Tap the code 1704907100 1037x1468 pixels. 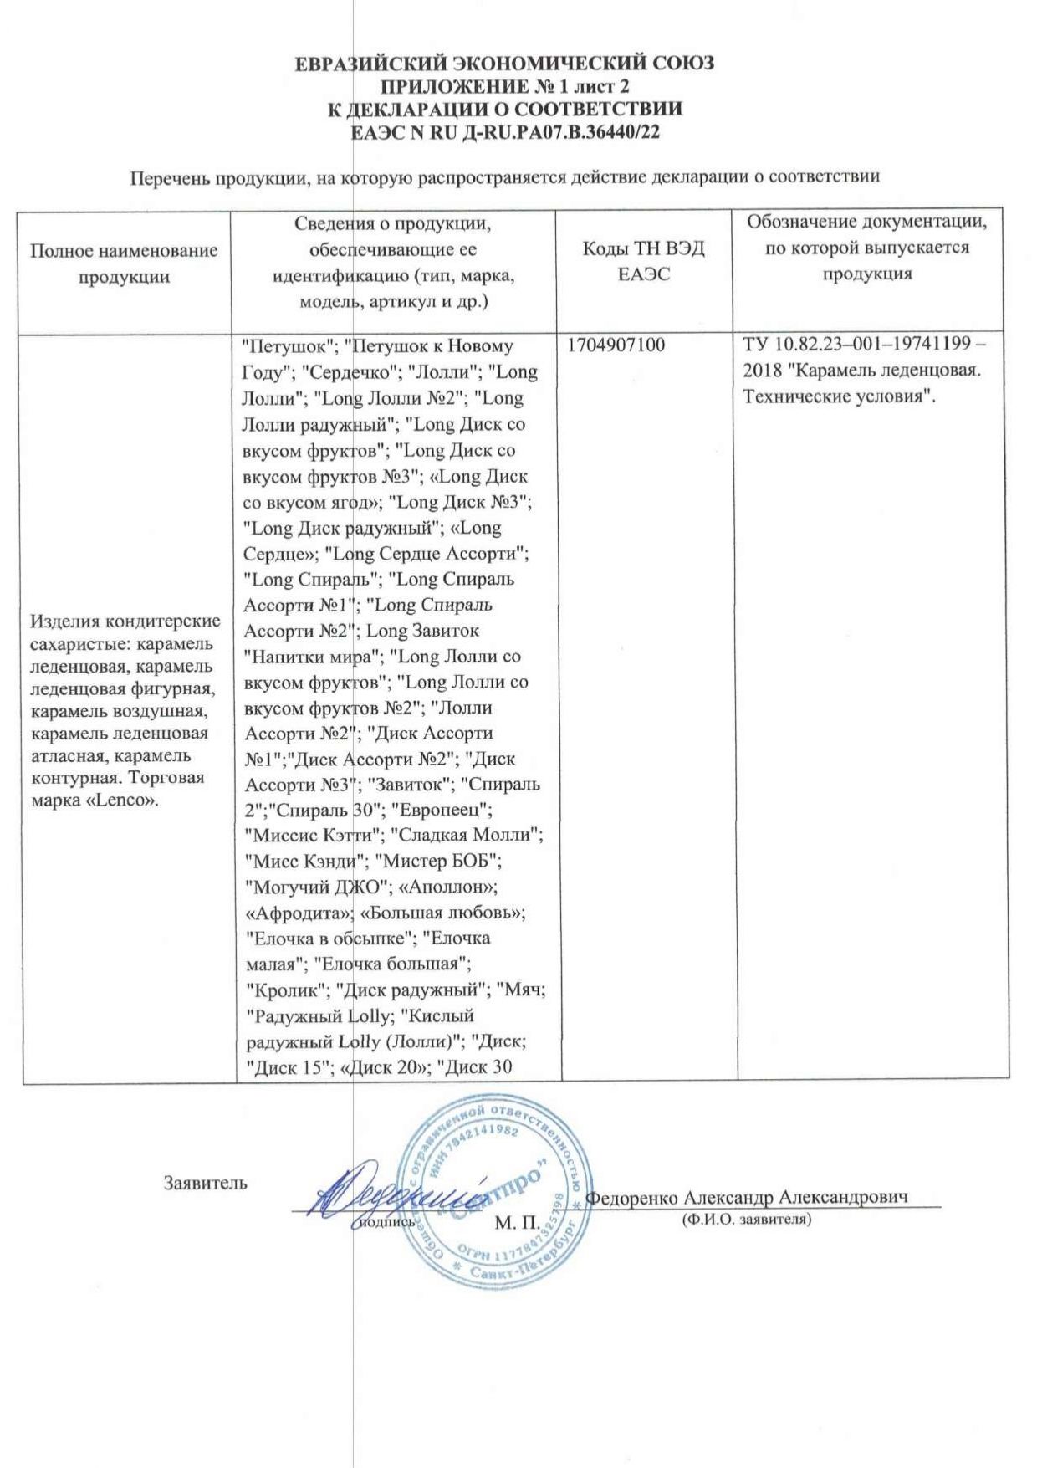point(616,345)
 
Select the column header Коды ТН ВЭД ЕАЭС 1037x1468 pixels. point(643,262)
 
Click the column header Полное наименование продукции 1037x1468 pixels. point(124,263)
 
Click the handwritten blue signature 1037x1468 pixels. point(393,1193)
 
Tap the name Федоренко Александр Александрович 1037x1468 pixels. point(747,1196)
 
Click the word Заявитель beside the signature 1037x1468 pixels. point(205,1183)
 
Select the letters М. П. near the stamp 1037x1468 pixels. point(517,1223)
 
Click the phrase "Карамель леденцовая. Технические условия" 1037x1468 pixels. point(861,383)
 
